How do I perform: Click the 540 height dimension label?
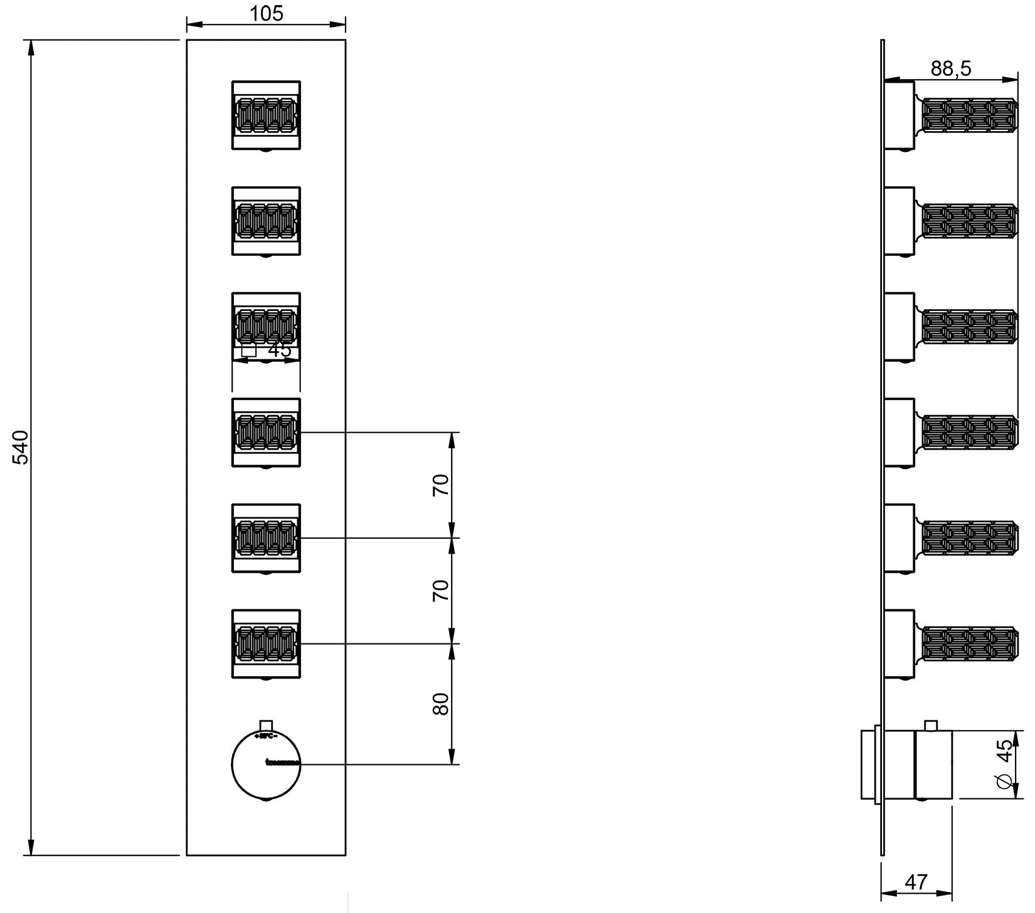tap(21, 446)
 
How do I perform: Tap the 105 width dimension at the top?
tap(267, 13)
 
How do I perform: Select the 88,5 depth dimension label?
tap(950, 68)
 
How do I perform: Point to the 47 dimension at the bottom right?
tap(916, 882)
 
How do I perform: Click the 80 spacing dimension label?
tap(442, 704)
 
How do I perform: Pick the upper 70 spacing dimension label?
tap(442, 485)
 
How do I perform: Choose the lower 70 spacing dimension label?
tap(442, 591)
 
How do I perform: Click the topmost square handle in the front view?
tap(266, 115)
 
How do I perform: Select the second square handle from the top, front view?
tap(266, 221)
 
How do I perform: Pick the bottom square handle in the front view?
tap(266, 644)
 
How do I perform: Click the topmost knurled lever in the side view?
tap(969, 115)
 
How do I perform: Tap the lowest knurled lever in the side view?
tap(969, 645)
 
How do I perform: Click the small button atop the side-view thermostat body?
tap(931, 726)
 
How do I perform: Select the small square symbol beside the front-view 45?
tap(249, 350)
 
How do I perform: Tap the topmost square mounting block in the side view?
tap(898, 115)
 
